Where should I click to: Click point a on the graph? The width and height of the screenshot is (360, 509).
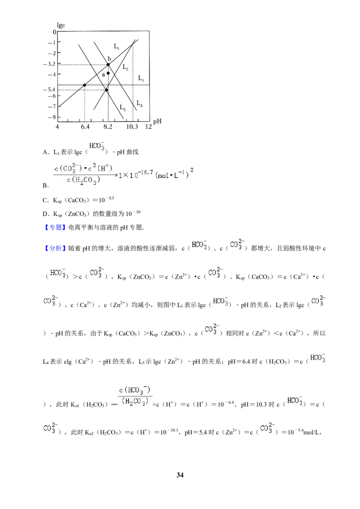pyautogui.click(x=108, y=73)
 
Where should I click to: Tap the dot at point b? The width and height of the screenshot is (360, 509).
pyautogui.click(x=108, y=65)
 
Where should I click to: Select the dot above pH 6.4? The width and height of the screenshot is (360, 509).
pyautogui.click(x=85, y=85)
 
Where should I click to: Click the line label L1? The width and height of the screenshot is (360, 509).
pyautogui.click(x=117, y=46)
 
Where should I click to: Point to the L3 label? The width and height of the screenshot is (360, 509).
pyautogui.click(x=141, y=78)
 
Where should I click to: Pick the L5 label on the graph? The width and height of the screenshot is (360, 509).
pyautogui.click(x=122, y=107)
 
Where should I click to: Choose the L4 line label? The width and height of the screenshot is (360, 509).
pyautogui.click(x=139, y=103)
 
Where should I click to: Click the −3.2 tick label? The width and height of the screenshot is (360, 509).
pyautogui.click(x=49, y=64)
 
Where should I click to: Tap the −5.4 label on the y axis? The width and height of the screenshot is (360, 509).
pyautogui.click(x=49, y=89)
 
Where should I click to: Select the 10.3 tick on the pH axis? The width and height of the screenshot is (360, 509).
pyautogui.click(x=132, y=127)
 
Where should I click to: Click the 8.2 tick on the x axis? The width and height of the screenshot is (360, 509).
pyautogui.click(x=108, y=127)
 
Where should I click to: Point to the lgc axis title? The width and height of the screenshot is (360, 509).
pyautogui.click(x=61, y=26)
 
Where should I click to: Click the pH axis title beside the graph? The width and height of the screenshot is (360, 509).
pyautogui.click(x=157, y=121)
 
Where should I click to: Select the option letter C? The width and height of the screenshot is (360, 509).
pyautogui.click(x=45, y=200)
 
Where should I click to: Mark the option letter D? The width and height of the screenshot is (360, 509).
pyautogui.click(x=45, y=214)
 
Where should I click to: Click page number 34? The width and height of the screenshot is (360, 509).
pyautogui.click(x=180, y=475)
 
